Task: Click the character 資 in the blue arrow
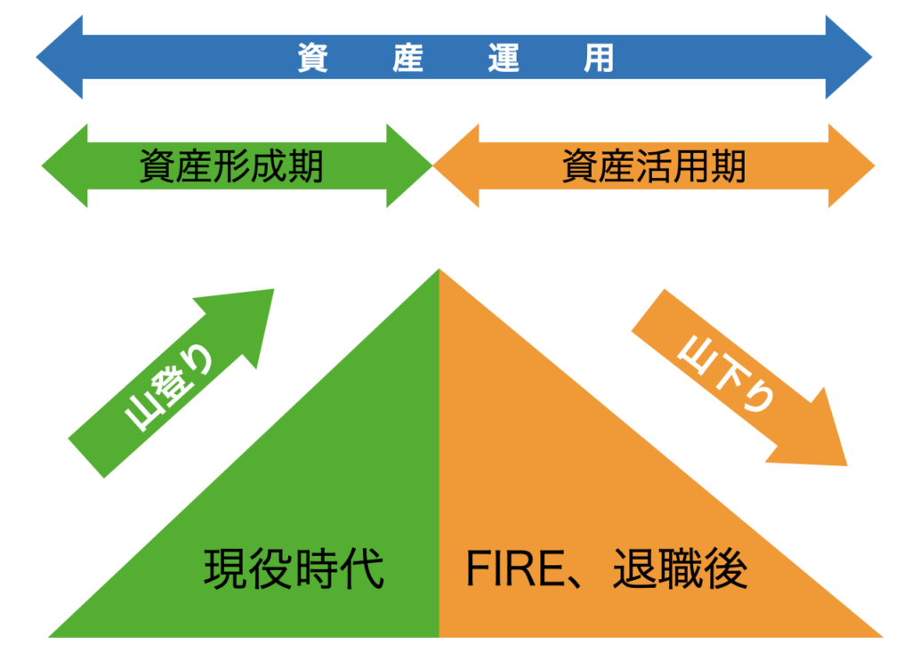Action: (x=313, y=58)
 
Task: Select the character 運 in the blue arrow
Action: (x=504, y=58)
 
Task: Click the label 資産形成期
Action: (x=231, y=166)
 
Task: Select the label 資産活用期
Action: (x=654, y=166)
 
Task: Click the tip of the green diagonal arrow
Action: (x=271, y=291)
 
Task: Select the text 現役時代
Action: (x=294, y=569)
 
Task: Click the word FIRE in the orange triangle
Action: (x=511, y=569)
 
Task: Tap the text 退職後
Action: (x=681, y=569)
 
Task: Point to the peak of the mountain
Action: (x=439, y=270)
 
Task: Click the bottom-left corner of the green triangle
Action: (x=52, y=635)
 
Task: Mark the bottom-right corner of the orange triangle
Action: (x=879, y=635)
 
